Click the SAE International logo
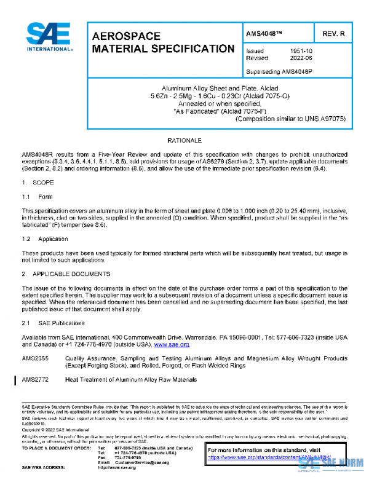point(47,37)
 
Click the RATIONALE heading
point(184,141)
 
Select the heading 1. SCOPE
point(38,183)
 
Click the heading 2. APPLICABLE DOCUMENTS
point(66,273)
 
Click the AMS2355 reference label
point(36,358)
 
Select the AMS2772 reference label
point(36,380)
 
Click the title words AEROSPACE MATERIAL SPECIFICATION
point(162,42)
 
